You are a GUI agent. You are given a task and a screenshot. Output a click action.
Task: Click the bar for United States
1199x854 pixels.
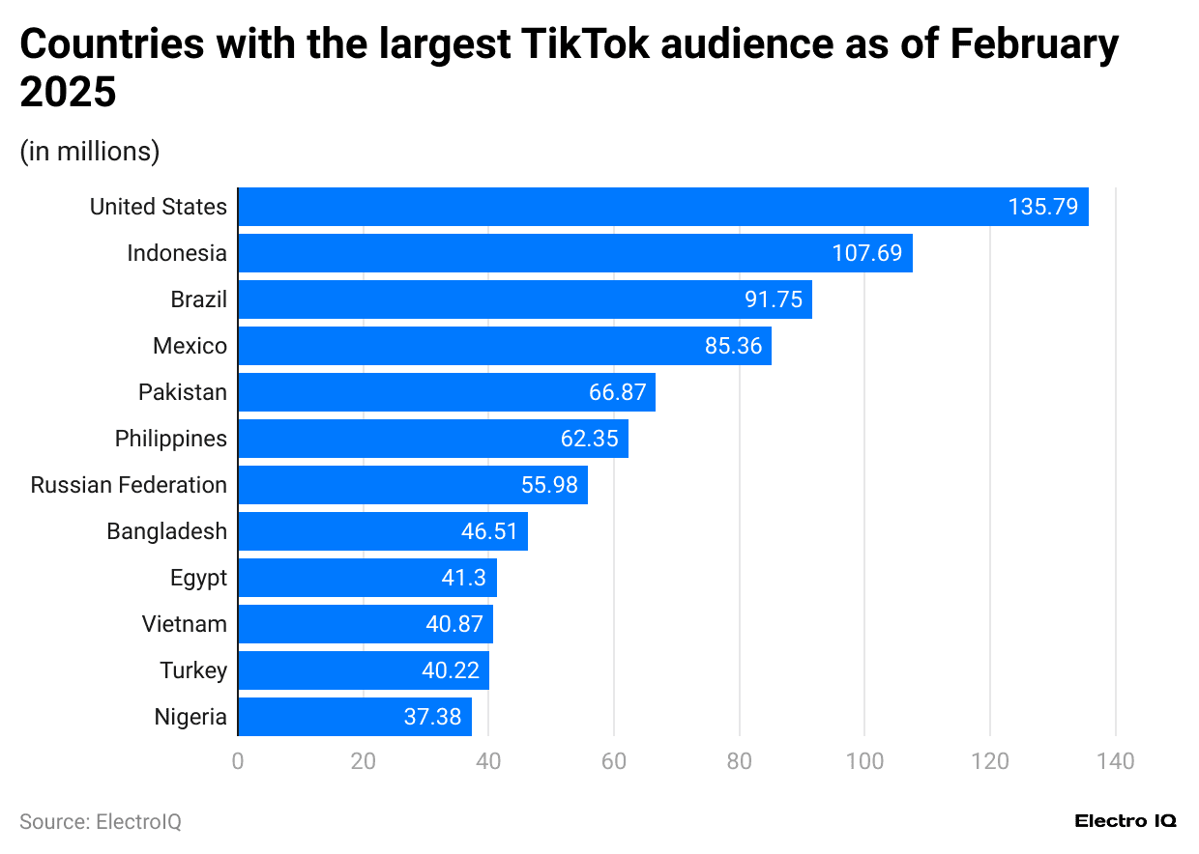(662, 207)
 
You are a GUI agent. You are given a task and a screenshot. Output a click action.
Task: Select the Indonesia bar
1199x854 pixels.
(574, 253)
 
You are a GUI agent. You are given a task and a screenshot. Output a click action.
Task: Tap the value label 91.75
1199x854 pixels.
(774, 299)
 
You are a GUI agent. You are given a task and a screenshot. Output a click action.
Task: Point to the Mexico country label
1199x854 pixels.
(190, 346)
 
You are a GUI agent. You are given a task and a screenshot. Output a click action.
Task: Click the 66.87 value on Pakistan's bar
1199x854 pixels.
(617, 392)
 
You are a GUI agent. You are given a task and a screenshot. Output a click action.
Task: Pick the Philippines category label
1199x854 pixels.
(170, 439)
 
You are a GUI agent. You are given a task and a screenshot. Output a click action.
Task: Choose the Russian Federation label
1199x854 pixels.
(129, 485)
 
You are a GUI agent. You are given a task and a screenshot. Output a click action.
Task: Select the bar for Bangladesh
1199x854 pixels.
(382, 531)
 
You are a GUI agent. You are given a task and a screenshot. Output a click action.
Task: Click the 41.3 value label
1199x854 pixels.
(469, 578)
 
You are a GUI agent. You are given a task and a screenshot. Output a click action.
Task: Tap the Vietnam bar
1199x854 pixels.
(365, 624)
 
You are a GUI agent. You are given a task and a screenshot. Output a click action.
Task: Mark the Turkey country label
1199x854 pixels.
(193, 670)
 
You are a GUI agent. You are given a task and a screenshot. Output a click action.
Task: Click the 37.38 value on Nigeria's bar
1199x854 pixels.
(432, 717)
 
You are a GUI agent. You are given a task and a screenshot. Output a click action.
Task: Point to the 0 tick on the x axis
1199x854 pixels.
(238, 761)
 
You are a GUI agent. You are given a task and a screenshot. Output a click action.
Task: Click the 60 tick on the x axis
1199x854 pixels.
(614, 761)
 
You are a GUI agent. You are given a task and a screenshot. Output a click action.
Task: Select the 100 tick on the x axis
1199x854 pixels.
(864, 761)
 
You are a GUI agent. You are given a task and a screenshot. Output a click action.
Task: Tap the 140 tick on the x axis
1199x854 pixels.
(1116, 761)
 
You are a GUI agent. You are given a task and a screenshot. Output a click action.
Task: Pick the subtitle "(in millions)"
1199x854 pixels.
(90, 152)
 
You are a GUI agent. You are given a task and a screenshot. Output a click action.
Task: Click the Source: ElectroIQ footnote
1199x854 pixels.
(101, 821)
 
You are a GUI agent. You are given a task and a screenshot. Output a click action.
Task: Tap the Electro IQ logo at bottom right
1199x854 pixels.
(1126, 821)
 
